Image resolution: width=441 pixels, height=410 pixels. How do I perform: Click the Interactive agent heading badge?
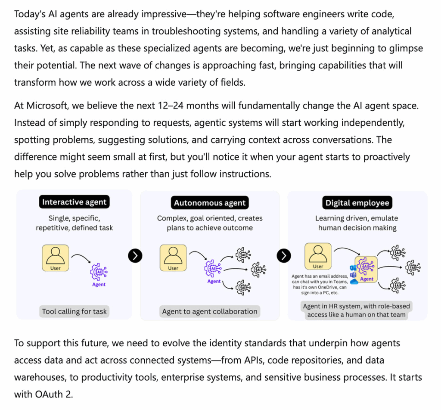74,202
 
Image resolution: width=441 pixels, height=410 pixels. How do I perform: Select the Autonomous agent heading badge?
210,203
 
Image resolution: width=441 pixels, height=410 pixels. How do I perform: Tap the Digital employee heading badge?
357,203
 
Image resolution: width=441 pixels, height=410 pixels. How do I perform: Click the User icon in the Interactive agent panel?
56,258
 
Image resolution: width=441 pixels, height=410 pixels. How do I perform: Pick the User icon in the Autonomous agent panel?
173,258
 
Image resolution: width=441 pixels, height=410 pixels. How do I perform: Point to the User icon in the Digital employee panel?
318,256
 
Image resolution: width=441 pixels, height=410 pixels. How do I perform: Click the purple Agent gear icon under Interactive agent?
99,272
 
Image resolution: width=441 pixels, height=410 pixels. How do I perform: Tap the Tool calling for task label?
74,311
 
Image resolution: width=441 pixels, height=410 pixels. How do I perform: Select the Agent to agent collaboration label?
210,311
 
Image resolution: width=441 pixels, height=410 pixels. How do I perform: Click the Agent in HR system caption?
356,311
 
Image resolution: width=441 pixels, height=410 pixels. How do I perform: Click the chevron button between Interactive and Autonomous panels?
135,256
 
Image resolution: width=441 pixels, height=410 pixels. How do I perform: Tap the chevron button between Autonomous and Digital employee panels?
284,256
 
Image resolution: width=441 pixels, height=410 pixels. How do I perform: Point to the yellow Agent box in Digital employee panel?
366,269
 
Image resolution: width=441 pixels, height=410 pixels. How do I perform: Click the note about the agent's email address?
320,284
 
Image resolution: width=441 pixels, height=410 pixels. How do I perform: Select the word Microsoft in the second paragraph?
47,106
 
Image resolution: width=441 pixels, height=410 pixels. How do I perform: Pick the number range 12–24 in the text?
171,106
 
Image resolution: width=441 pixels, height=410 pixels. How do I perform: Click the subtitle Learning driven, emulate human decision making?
357,223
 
